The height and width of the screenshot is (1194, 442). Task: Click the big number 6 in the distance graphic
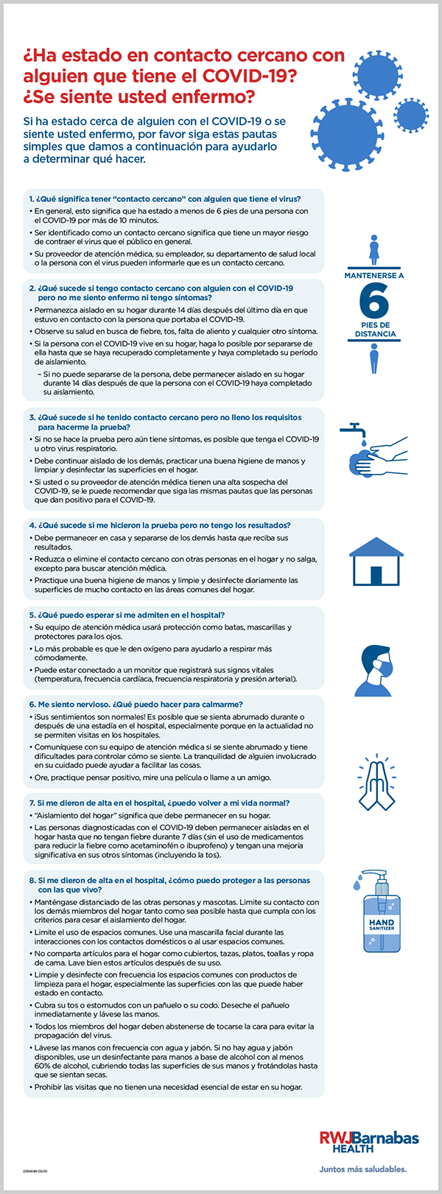click(x=374, y=300)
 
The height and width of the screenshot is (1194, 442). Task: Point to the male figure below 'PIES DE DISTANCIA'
click(x=374, y=360)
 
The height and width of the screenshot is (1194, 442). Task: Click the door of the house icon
click(x=376, y=573)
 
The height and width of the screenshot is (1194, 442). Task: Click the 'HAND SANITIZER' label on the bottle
click(x=382, y=924)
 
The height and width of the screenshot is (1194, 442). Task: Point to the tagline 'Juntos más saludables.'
click(x=362, y=1168)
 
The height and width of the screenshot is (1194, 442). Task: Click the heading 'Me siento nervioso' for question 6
click(x=146, y=704)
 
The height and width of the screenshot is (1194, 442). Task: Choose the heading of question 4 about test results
click(x=160, y=526)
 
